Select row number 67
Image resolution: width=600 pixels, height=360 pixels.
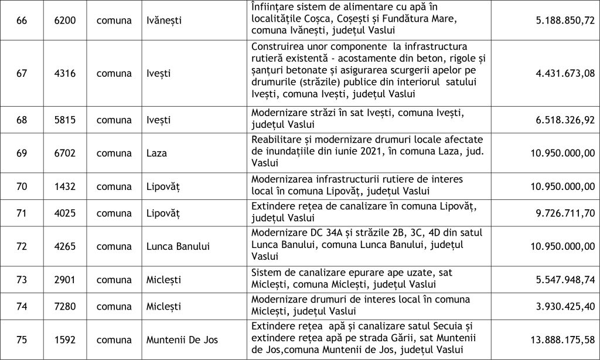point(22,73)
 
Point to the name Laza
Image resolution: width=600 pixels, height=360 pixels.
point(156,153)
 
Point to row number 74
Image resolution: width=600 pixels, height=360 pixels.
point(22,306)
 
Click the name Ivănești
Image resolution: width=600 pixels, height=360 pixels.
point(163,21)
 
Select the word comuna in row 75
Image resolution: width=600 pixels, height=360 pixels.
point(114,339)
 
